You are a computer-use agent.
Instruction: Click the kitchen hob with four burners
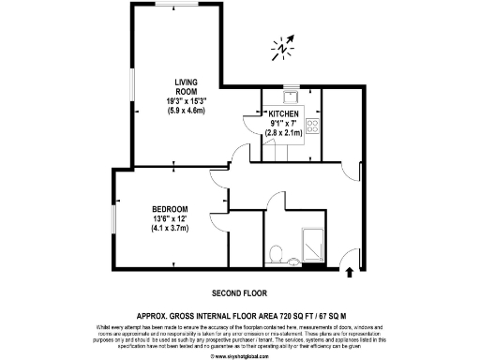[312, 125]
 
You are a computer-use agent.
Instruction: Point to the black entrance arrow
[351, 273]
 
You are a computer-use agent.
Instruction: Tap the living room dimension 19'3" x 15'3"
[180, 101]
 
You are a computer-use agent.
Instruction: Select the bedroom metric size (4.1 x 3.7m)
[171, 228]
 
